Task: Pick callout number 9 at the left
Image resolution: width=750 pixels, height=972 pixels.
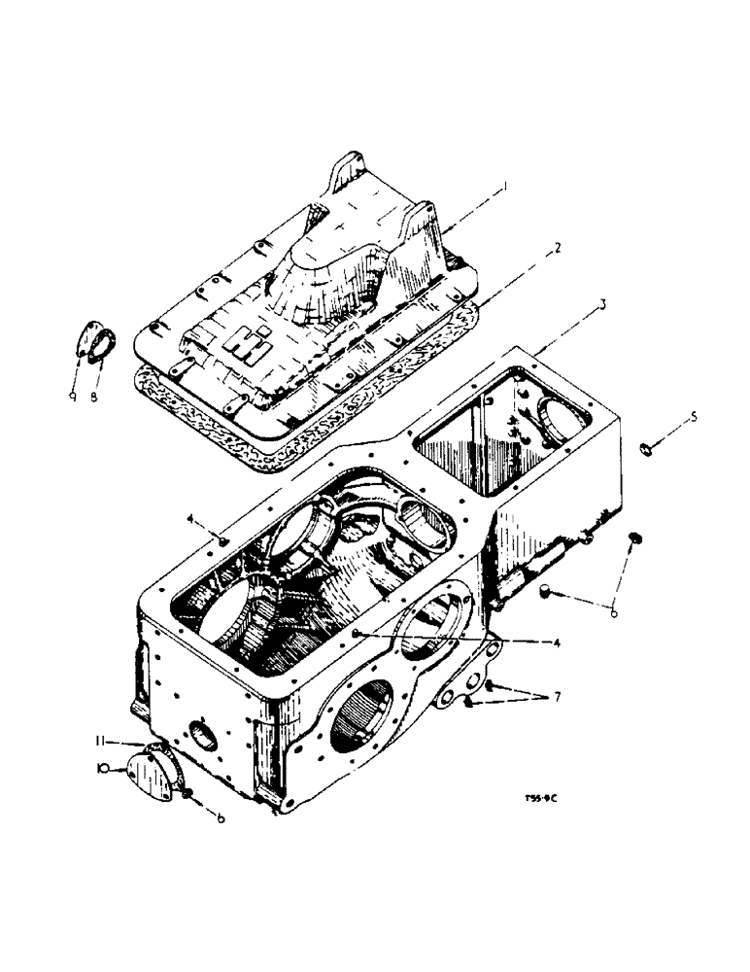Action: (x=73, y=370)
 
